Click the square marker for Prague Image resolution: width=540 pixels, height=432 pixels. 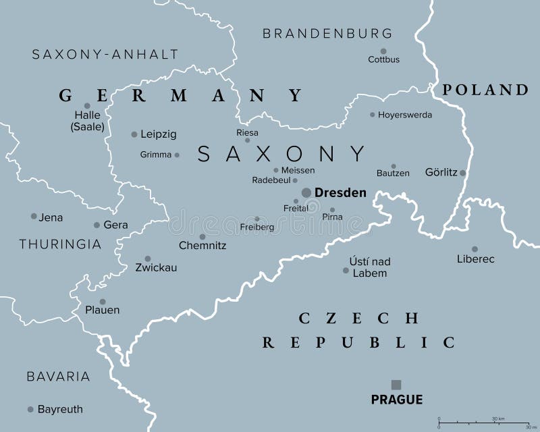click(396, 385)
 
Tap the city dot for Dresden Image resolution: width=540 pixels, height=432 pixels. click(306, 193)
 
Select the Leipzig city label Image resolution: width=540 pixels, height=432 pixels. click(159, 134)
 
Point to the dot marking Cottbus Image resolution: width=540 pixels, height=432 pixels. click(383, 51)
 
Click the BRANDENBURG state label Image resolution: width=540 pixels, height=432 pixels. click(327, 33)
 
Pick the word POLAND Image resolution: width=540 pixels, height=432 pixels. click(485, 90)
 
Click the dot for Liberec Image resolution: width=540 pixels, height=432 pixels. click(475, 249)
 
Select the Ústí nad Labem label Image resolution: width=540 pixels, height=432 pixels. click(370, 267)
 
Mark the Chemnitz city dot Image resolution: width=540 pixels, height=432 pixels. click(202, 237)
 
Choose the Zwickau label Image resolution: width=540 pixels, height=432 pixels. click(156, 267)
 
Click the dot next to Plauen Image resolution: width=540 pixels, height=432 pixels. click(103, 302)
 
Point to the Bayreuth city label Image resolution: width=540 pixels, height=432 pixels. click(61, 409)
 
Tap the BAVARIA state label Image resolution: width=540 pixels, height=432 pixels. click(58, 376)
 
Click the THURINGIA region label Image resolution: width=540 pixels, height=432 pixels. click(60, 244)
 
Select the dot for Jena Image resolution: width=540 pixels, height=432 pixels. click(34, 216)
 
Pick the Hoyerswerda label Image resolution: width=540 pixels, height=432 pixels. click(405, 115)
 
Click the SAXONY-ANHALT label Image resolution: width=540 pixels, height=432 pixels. click(105, 54)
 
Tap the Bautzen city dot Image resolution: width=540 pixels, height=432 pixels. click(394, 166)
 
